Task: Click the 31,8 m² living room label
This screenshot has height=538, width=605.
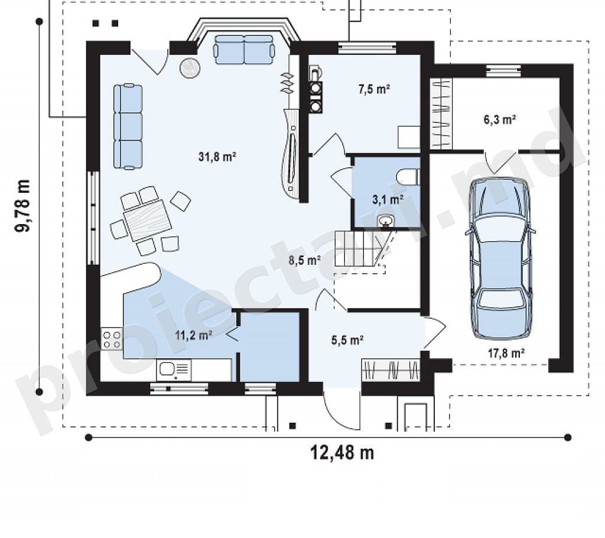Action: click(x=217, y=157)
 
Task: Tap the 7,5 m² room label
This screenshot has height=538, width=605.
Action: click(x=374, y=89)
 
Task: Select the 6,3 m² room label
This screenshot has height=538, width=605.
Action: click(x=500, y=119)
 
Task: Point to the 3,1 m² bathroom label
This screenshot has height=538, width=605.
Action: click(x=388, y=199)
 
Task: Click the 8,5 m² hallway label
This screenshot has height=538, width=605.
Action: click(x=305, y=260)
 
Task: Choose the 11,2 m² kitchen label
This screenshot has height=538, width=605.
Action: click(x=193, y=335)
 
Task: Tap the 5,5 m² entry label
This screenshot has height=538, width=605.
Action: click(x=347, y=340)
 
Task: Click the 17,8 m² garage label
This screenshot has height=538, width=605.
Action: click(x=506, y=352)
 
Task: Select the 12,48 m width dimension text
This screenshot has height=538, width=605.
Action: click(x=342, y=453)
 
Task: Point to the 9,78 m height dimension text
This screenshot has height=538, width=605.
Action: click(x=22, y=206)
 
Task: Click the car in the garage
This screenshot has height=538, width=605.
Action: click(x=501, y=258)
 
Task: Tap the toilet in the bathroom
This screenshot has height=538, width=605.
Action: click(x=409, y=177)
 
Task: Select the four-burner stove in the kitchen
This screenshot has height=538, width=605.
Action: click(x=112, y=339)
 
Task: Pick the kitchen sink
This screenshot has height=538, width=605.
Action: click(x=174, y=370)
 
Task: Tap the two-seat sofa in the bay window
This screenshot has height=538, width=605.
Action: click(x=245, y=50)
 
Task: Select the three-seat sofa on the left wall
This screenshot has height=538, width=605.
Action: click(x=128, y=127)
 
